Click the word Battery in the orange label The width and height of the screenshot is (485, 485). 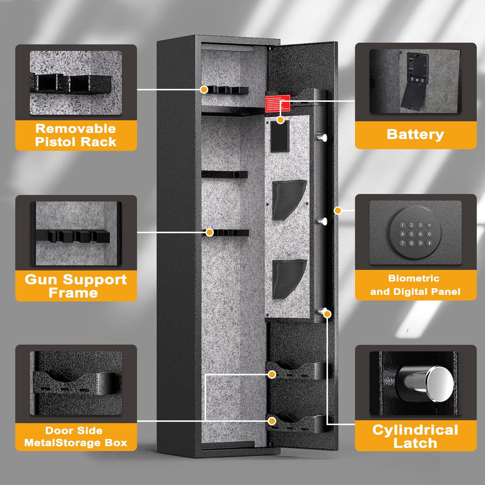click(415, 134)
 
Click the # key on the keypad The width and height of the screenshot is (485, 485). click(429, 243)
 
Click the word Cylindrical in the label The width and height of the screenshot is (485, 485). click(415, 430)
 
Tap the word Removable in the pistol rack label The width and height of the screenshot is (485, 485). click(76, 129)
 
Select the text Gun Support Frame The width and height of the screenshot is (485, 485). click(76, 286)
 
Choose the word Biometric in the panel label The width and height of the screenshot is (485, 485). click(413, 278)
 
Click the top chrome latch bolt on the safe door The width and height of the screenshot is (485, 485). click(322, 138)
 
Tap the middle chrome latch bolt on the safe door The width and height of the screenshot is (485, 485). click(322, 221)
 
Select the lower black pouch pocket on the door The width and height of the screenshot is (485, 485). click(288, 278)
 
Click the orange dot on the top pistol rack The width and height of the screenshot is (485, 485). click(204, 89)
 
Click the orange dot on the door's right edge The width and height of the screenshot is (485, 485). click(338, 210)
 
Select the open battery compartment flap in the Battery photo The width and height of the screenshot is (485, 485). click(411, 98)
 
